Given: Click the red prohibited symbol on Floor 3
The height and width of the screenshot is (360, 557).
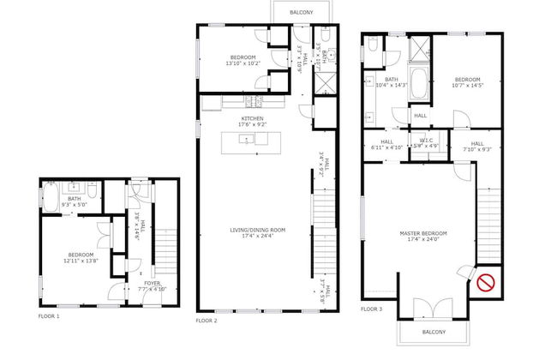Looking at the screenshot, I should [487, 280].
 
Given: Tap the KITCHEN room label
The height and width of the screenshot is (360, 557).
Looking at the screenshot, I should [252, 118].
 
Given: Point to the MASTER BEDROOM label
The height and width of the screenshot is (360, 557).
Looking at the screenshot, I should [422, 233].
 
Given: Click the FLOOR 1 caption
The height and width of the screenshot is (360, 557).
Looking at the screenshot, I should [50, 315].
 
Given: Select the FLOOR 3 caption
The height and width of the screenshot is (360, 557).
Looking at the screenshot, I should [372, 309].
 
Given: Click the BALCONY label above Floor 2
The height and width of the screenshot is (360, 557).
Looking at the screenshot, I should [300, 13].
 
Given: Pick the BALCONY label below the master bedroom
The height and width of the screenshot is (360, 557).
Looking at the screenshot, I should [434, 331].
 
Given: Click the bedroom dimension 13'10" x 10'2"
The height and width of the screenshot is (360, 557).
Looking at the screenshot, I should [241, 63].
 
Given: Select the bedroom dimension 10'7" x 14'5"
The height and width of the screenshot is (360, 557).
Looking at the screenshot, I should [468, 85].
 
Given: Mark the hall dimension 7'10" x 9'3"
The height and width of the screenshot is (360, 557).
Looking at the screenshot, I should [477, 149].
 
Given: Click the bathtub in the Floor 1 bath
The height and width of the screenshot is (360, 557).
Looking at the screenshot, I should [49, 202].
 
